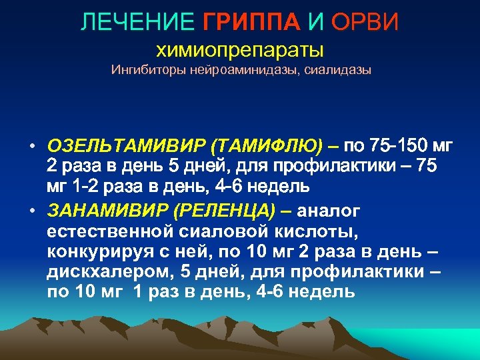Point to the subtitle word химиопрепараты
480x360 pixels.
240,49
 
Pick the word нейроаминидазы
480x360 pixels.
241,70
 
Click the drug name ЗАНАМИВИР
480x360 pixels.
107,211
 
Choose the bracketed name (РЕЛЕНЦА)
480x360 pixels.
223,211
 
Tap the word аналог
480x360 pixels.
328,211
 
